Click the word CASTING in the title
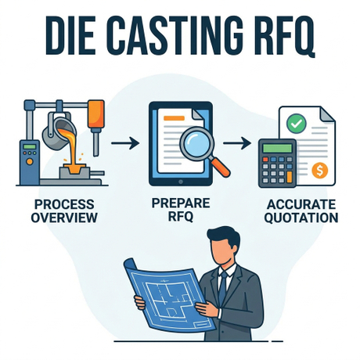(x=177, y=35)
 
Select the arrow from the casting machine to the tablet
(x=125, y=143)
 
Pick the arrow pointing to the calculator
(x=237, y=143)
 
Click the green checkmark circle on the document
(x=296, y=124)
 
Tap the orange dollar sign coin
(x=320, y=170)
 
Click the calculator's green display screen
(x=277, y=148)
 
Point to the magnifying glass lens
(x=196, y=143)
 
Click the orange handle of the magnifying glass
(x=221, y=167)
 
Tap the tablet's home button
(x=180, y=182)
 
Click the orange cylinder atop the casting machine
(x=96, y=113)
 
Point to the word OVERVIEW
(x=64, y=218)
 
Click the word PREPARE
(x=181, y=203)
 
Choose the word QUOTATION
(x=301, y=218)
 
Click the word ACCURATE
(x=301, y=204)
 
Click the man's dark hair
(x=224, y=237)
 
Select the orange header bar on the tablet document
(x=174, y=118)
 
